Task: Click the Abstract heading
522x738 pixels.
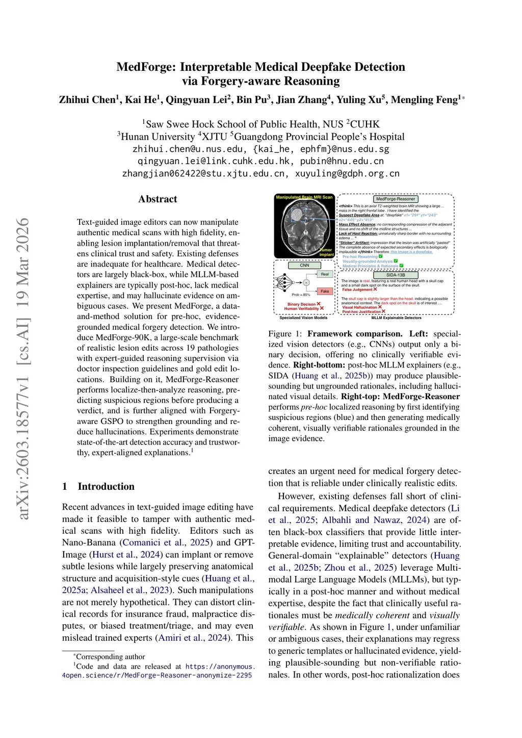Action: point(158,199)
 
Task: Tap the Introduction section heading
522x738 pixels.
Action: point(106,486)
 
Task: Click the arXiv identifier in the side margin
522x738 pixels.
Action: point(23,369)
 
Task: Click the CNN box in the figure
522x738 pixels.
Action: point(304,266)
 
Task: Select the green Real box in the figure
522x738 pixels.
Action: point(325,274)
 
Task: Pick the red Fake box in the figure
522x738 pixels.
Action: point(325,291)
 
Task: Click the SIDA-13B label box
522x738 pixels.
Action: point(396,275)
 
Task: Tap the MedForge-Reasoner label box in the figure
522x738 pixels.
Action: point(396,199)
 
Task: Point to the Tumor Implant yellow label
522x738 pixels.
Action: point(326,252)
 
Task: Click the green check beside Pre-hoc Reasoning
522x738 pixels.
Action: point(381,256)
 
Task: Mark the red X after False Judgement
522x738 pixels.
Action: point(375,289)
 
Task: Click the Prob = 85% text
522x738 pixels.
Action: point(301,295)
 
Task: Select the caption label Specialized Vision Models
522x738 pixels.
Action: point(303,318)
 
